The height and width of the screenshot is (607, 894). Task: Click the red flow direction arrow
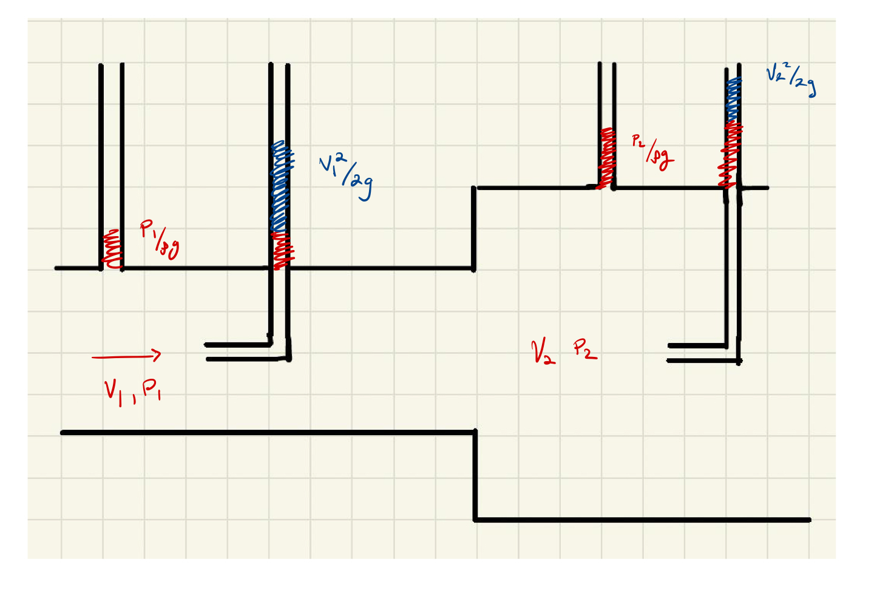(127, 356)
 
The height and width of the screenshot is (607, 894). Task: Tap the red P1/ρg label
(160, 240)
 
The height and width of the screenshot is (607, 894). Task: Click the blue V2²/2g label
(791, 80)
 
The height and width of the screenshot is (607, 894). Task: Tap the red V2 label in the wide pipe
(542, 351)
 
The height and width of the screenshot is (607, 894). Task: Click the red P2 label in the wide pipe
(584, 349)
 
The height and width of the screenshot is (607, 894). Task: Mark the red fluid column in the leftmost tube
(112, 249)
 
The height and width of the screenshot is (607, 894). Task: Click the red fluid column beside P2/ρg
(607, 158)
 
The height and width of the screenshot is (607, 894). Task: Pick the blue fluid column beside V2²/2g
(733, 100)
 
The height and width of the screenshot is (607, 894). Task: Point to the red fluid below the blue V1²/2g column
(282, 251)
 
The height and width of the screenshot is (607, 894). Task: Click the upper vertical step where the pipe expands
(474, 228)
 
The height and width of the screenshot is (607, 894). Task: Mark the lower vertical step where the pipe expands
(475, 476)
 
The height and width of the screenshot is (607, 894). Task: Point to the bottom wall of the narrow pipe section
(267, 433)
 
